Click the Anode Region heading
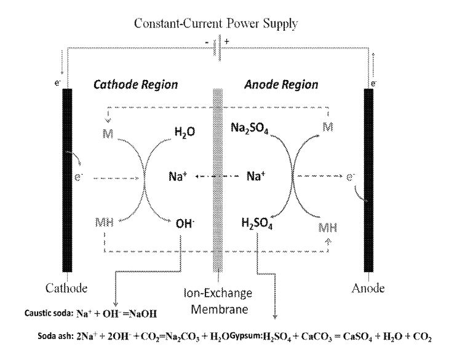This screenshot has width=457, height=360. [x=296, y=87]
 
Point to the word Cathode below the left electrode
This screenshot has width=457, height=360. [x=67, y=287]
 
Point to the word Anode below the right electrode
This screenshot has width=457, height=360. [x=369, y=287]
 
